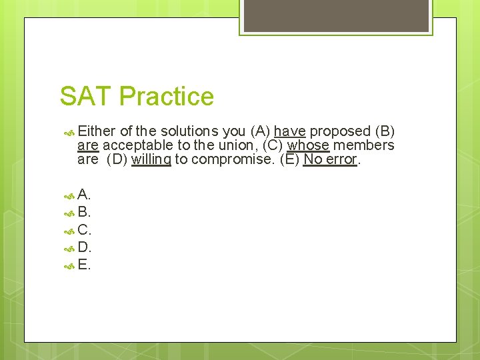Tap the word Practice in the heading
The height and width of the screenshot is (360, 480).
[x=167, y=97]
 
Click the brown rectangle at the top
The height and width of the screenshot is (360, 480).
[x=335, y=15]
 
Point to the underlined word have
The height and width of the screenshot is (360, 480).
[x=289, y=131]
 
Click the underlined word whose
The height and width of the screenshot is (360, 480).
[x=308, y=145]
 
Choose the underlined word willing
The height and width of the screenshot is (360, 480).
[x=151, y=160]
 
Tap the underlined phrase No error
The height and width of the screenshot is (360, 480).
[x=331, y=160]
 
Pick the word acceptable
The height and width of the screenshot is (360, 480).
[x=137, y=145]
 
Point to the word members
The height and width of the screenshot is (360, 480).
[x=364, y=145]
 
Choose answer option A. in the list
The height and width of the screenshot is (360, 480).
[x=84, y=195]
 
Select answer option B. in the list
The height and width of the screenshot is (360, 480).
[x=84, y=213]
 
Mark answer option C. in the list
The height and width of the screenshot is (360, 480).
[x=84, y=230]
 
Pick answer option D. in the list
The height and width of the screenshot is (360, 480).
[x=84, y=247]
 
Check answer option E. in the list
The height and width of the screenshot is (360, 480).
[x=84, y=265]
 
